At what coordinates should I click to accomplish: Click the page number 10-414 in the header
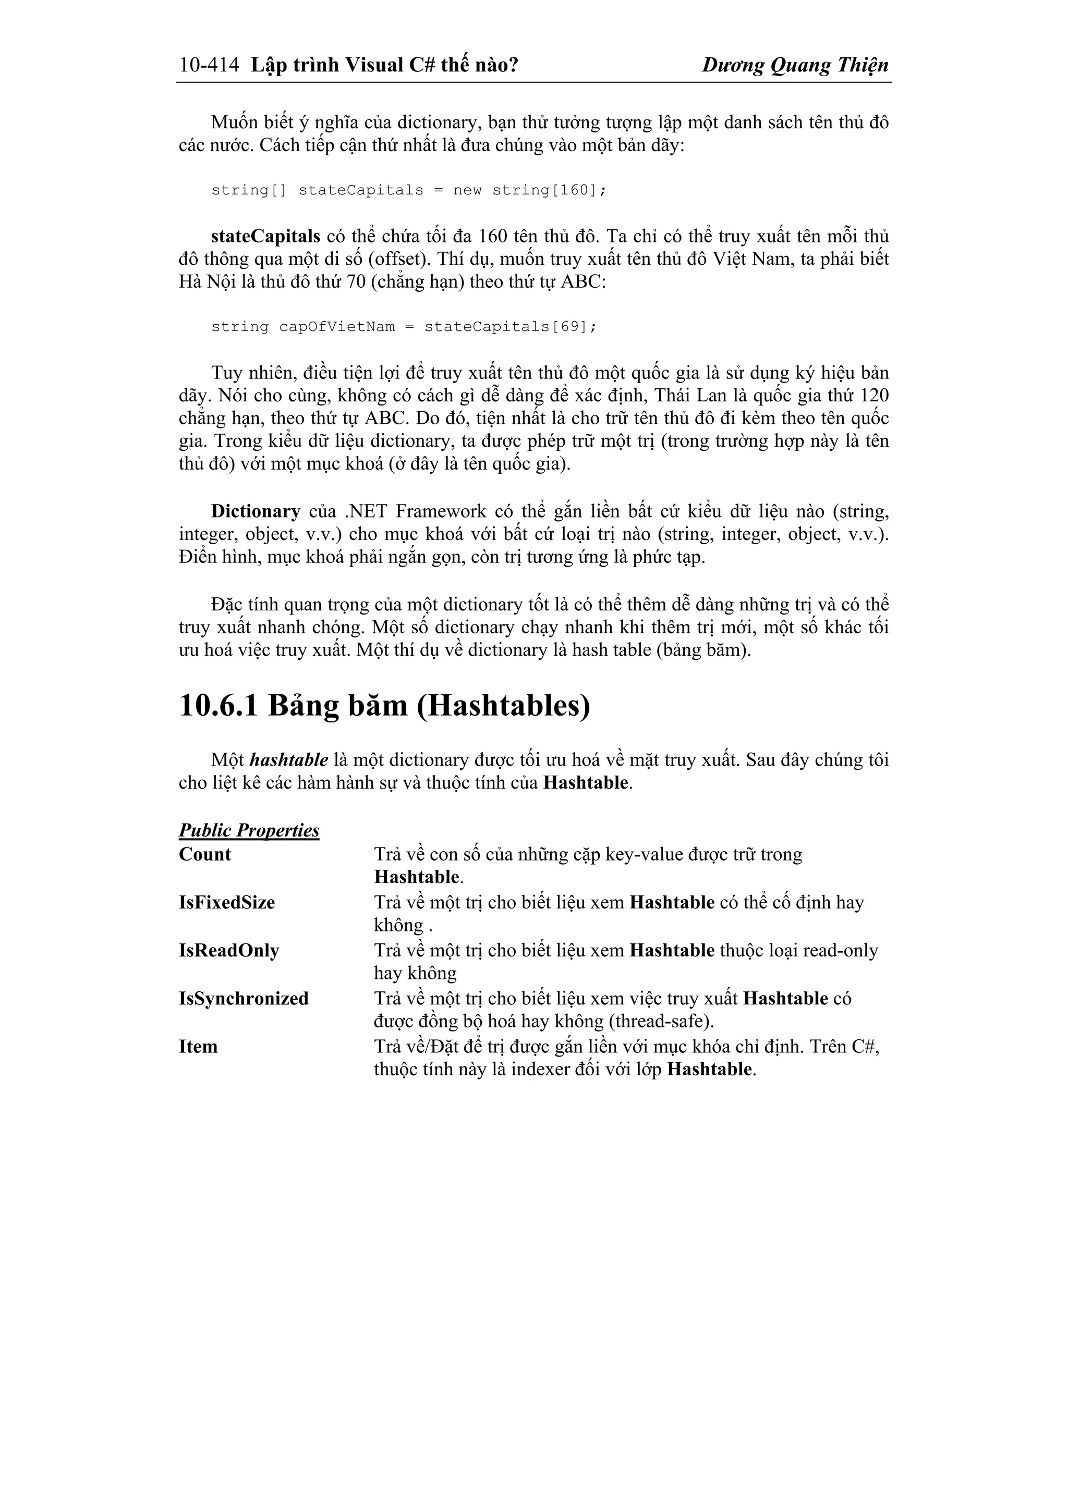click(209, 65)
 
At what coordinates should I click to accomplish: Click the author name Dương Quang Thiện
click(795, 65)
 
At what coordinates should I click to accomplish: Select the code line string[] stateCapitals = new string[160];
click(408, 191)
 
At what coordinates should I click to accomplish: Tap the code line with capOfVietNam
click(404, 327)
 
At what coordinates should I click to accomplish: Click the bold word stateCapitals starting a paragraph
click(265, 236)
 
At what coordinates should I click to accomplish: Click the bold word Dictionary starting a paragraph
click(256, 512)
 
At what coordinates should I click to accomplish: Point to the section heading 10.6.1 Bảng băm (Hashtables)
click(384, 706)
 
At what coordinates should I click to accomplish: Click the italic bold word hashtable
click(288, 760)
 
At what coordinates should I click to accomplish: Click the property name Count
click(204, 855)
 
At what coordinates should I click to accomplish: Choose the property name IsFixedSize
click(226, 902)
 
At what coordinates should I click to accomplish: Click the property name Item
click(198, 1046)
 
